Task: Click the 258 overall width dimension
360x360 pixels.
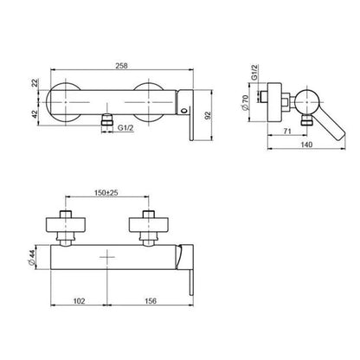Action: click(121, 66)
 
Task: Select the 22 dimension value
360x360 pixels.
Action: click(35, 83)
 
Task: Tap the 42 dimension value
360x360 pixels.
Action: click(35, 114)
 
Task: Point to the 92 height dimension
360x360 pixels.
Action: click(209, 115)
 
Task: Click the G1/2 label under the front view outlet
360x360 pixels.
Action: click(125, 128)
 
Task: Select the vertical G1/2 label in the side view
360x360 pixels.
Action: click(254, 72)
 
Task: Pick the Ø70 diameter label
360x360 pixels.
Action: click(246, 103)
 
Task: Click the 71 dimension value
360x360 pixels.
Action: click(286, 131)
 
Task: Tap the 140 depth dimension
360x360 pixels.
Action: click(306, 145)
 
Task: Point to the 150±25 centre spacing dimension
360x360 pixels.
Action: click(106, 193)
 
